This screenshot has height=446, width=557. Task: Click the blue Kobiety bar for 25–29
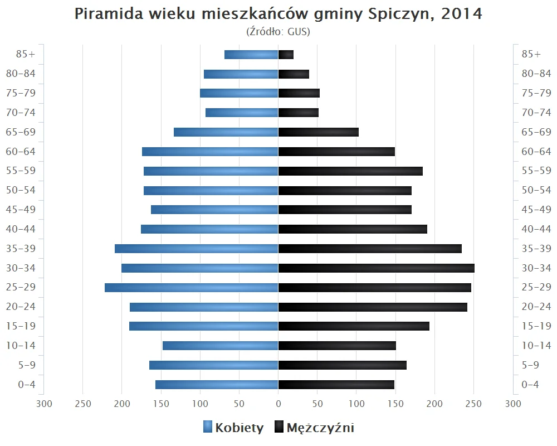[x=191, y=288]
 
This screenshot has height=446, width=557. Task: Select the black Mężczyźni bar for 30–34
[x=376, y=268]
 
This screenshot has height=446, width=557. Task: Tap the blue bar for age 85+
[x=251, y=55]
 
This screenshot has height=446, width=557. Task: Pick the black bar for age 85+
[x=286, y=55]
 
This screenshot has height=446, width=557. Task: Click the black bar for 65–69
[x=318, y=132]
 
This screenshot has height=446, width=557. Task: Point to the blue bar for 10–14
[x=220, y=346]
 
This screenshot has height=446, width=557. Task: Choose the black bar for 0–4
[x=336, y=385]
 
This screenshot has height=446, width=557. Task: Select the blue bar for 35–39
[x=196, y=249]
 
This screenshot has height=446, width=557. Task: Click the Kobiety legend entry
[x=233, y=428]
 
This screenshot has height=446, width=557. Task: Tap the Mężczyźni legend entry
[x=314, y=428]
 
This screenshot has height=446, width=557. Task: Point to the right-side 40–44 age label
[x=536, y=229]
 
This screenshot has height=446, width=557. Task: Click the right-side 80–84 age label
[x=536, y=74]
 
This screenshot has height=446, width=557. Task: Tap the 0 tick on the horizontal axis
[x=278, y=404]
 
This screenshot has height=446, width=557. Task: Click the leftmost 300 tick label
[x=43, y=404]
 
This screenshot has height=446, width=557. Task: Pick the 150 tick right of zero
[x=395, y=404]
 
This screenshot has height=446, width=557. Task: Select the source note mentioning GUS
[x=278, y=32]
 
